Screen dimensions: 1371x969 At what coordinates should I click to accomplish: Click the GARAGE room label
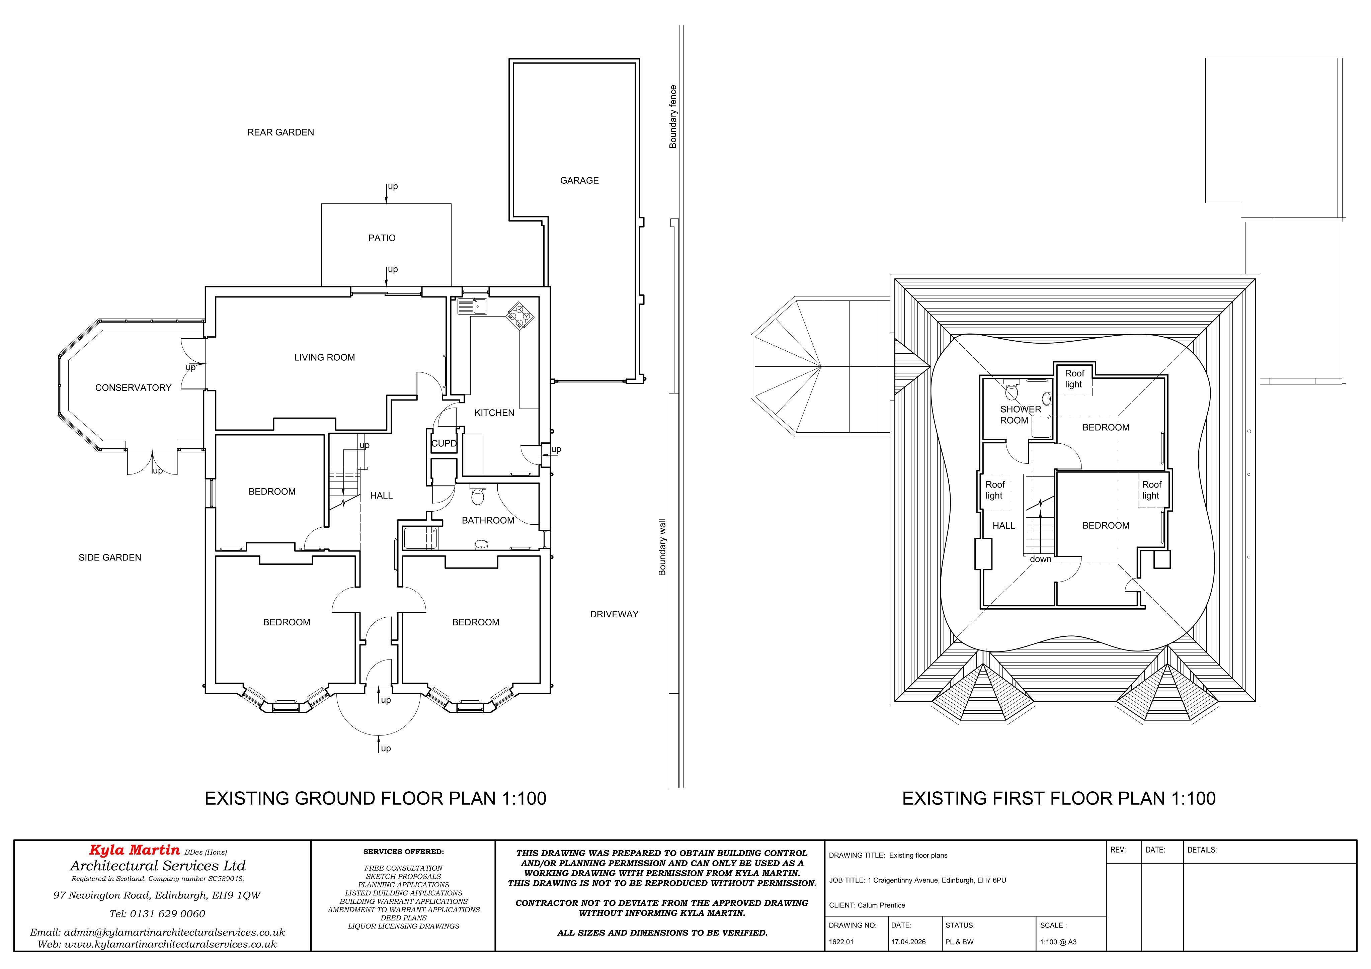coord(579,180)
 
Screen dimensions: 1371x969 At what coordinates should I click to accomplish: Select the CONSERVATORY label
coord(133,387)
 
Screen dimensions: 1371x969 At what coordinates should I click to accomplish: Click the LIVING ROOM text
coord(324,357)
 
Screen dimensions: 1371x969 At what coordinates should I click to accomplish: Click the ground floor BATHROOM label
coord(488,520)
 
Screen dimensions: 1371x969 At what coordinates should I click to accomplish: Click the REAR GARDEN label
coord(280,132)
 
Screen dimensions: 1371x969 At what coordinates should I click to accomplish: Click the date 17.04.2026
coord(908,942)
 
